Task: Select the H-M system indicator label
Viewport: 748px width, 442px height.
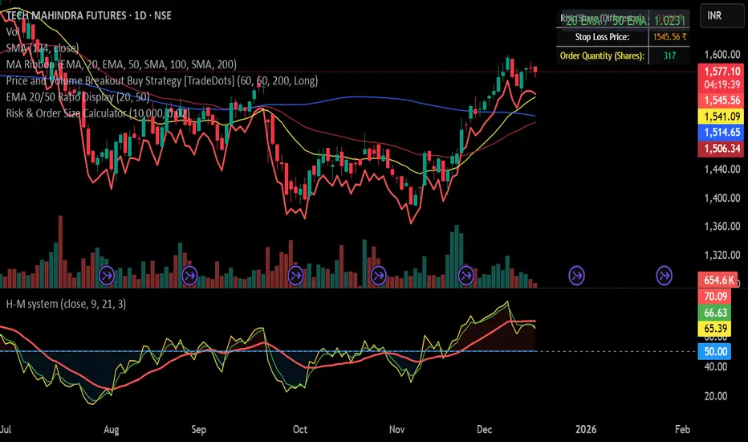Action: click(x=63, y=305)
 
